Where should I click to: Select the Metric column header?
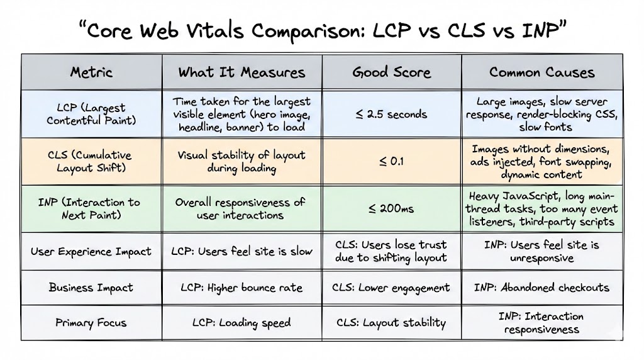91,72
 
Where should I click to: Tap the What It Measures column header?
241,72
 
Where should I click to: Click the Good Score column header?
391,72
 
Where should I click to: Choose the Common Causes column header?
541,72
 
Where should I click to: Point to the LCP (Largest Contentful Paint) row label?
91,114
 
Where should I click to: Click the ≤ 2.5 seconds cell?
391,114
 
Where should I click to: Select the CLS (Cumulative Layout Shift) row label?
91,161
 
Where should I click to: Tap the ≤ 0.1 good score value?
391,161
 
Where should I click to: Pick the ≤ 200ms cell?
391,208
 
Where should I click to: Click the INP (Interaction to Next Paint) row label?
91,208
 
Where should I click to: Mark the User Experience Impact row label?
91,251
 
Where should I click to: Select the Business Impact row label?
91,288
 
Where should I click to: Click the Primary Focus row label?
91,323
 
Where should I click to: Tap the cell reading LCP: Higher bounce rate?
241,288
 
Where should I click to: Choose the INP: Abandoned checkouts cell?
541,288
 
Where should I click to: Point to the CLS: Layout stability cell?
391,323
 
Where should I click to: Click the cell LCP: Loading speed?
241,323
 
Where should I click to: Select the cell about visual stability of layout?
241,161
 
